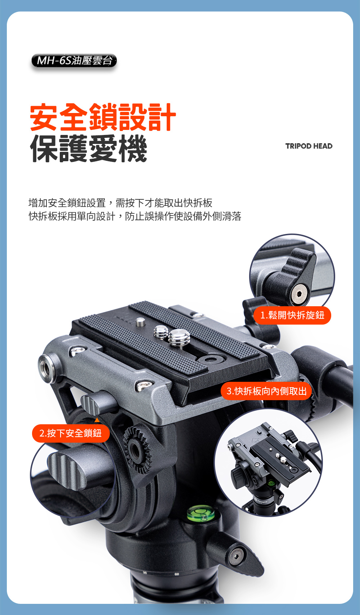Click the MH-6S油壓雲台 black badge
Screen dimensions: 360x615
click(74, 61)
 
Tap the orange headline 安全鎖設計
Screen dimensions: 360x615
click(103, 117)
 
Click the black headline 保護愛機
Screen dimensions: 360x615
click(89, 149)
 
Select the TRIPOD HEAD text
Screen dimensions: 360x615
click(309, 146)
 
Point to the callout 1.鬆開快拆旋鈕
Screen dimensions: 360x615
click(292, 315)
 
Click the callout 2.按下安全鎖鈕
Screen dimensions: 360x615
click(71, 433)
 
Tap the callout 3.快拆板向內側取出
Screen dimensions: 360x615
click(266, 391)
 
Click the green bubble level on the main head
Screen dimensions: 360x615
click(201, 514)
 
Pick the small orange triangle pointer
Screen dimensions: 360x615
click(97, 420)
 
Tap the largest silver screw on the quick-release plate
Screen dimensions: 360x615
click(179, 337)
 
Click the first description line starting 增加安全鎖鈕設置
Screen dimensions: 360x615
click(121, 203)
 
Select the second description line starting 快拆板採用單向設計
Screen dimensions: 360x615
click(135, 216)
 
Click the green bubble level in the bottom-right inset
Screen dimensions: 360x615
click(271, 482)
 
